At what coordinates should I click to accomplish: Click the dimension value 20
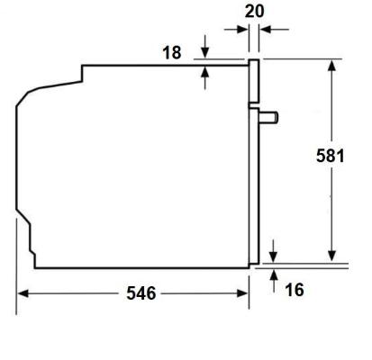click(x=255, y=11)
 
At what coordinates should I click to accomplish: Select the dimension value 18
click(x=171, y=53)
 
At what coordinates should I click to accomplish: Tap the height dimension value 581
click(x=331, y=155)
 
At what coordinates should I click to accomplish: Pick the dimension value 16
click(x=294, y=289)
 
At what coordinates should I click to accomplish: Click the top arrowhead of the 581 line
click(x=332, y=67)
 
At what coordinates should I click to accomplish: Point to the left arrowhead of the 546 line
click(x=24, y=293)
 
